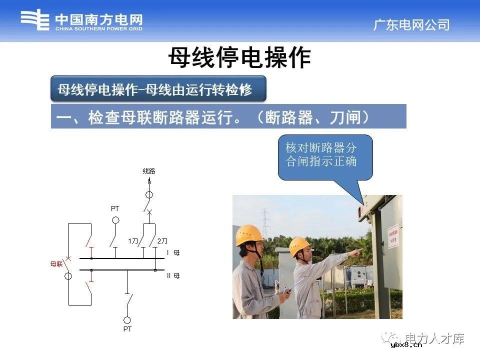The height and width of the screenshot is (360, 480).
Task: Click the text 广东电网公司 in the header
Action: [411, 25]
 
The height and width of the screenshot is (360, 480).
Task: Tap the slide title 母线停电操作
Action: [239, 58]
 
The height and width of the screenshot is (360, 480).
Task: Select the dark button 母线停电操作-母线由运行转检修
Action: [158, 90]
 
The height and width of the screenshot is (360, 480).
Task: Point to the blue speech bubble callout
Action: [325, 157]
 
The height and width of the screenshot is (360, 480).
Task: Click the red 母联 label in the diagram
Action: [56, 264]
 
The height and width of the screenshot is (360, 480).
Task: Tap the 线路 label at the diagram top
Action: [149, 171]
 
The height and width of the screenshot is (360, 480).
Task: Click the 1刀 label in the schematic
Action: [132, 241]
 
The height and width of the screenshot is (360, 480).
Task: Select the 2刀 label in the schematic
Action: [162, 241]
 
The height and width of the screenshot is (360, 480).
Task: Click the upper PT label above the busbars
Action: [115, 208]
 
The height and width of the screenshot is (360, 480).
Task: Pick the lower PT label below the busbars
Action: [127, 329]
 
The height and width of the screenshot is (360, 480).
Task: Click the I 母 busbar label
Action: [172, 253]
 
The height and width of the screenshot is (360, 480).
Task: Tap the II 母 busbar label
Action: [172, 275]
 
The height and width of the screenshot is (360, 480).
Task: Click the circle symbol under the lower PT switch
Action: [127, 319]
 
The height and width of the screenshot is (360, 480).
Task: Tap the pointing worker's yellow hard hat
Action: [299, 245]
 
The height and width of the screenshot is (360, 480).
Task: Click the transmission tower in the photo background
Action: [265, 223]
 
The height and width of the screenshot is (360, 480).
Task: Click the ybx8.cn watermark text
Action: [406, 344]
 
